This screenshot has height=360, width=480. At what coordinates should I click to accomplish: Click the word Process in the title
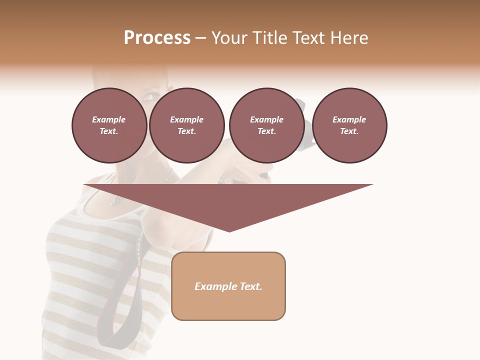tap(157, 38)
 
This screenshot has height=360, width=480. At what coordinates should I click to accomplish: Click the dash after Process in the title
tap(201, 38)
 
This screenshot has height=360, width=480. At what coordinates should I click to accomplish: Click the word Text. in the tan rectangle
tap(251, 286)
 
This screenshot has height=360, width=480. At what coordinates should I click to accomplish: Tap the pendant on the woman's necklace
tap(113, 201)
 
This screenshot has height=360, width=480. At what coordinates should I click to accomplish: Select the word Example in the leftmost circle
tap(109, 119)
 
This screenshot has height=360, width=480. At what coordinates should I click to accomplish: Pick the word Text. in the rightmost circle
tap(349, 131)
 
